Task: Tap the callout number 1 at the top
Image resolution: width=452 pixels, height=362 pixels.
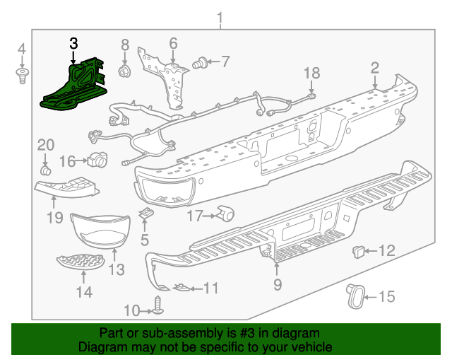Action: pyautogui.click(x=220, y=17)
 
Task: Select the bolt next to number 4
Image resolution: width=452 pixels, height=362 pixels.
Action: pyautogui.click(x=23, y=76)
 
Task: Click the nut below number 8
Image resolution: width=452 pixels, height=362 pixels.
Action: pyautogui.click(x=125, y=72)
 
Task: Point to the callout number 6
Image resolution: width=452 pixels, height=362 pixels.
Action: pyautogui.click(x=173, y=44)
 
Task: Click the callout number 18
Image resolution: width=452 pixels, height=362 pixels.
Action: pyautogui.click(x=311, y=73)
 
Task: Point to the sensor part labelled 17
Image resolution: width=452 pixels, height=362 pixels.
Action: pyautogui.click(x=226, y=213)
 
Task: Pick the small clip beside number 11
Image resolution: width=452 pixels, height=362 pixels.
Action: pyautogui.click(x=182, y=288)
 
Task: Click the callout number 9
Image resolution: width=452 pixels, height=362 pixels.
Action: pyautogui.click(x=278, y=284)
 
